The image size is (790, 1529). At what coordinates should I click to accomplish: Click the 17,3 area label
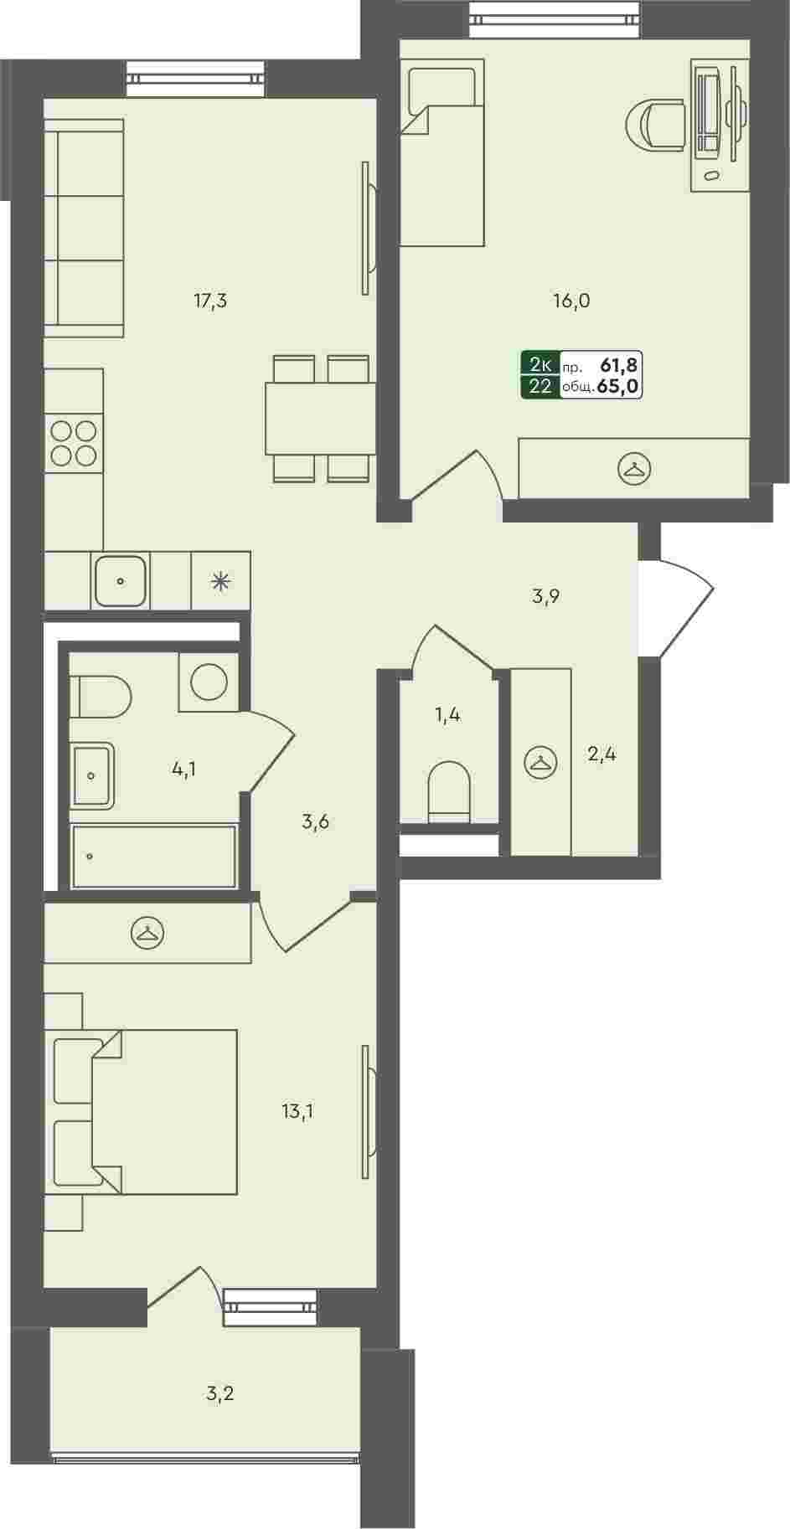tap(210, 301)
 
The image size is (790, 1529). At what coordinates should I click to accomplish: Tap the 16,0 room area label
tap(572, 301)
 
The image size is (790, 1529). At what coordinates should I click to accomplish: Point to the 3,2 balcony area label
tap(219, 1394)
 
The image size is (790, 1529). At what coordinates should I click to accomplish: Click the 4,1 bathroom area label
tap(184, 769)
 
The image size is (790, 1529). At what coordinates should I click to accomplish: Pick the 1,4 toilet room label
tap(447, 715)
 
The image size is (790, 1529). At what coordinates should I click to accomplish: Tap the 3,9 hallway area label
tap(545, 597)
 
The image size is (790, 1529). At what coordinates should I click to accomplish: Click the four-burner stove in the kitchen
tap(74, 443)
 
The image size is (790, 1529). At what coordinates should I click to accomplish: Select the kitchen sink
tap(121, 579)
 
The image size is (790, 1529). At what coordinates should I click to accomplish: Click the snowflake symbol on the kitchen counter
tap(221, 580)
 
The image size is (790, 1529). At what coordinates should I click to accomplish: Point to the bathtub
tap(154, 856)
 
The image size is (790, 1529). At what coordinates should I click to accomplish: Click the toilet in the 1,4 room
tap(451, 791)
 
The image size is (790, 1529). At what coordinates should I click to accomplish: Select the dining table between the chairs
tap(321, 418)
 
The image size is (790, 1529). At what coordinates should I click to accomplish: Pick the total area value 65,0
tap(619, 387)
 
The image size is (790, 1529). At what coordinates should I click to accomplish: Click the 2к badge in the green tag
tap(540, 364)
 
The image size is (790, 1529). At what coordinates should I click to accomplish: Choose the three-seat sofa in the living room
tap(84, 228)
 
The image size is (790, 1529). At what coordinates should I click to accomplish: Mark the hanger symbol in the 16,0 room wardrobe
tap(634, 469)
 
